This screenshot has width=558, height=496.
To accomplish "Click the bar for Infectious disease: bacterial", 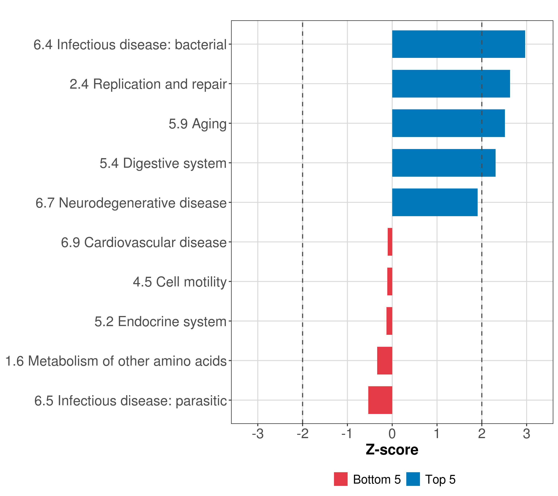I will click(x=458, y=44).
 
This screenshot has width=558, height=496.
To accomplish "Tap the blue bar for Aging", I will click(x=448, y=123).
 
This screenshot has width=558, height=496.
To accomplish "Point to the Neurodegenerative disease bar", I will click(x=435, y=202).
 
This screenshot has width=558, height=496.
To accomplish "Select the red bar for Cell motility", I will click(x=390, y=281).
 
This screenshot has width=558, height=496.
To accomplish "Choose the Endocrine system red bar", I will click(x=389, y=321).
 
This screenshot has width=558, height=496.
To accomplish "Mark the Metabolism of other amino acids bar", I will click(x=385, y=361).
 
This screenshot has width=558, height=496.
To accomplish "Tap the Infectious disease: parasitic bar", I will click(x=380, y=400).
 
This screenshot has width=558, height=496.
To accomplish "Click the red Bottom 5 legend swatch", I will click(x=341, y=479).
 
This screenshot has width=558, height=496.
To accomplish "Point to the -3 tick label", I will click(x=258, y=434).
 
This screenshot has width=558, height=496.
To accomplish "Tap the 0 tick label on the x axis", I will click(x=392, y=434).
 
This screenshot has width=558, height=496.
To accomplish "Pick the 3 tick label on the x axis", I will click(x=526, y=434).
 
